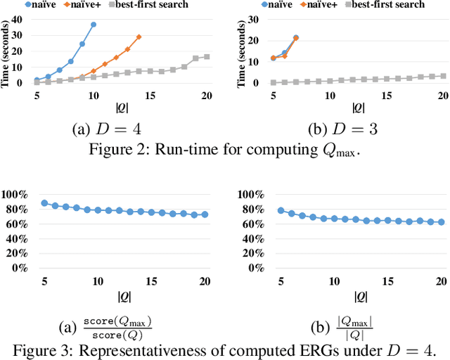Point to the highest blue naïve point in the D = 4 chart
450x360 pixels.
coord(94,25)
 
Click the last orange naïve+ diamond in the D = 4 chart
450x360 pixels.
coord(139,37)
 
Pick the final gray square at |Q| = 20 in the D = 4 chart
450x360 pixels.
coord(207,57)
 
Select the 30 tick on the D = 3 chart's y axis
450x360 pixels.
coord(259,20)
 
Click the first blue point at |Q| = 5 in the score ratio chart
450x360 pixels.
coord(44,203)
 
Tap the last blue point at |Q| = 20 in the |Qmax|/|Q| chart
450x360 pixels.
coord(442,222)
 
